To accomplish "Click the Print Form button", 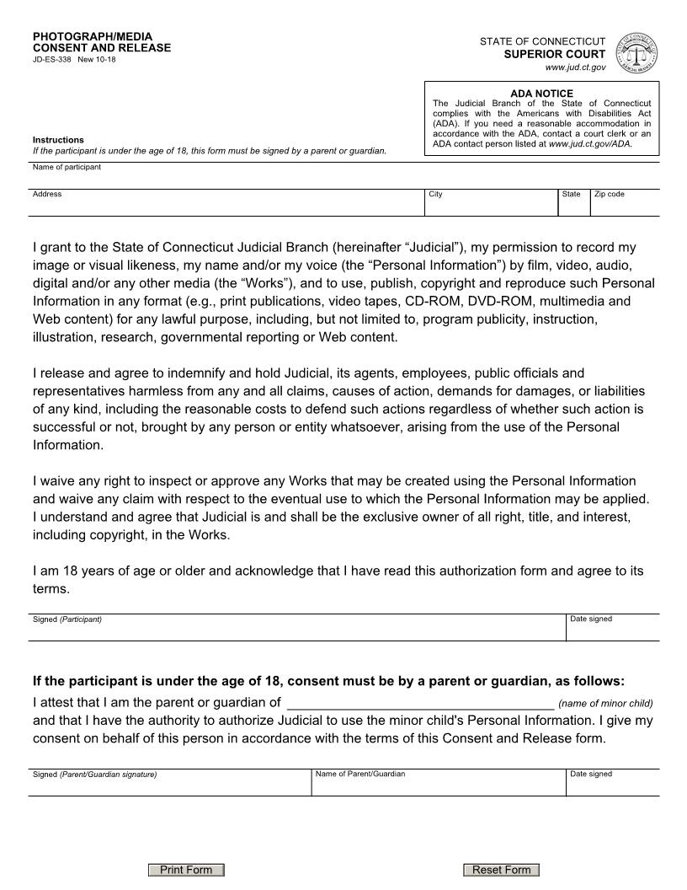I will pos(186,870).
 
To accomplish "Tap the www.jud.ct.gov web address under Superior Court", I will pos(575,67).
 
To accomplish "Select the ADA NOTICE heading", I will pos(541,94).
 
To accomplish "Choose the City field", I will pos(491,206).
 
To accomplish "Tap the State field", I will pos(573,206).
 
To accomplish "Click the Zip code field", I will pos(625,206).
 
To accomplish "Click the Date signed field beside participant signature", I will pos(612,630).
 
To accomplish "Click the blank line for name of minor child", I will pos(420,703).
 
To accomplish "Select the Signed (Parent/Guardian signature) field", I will pos(169,785).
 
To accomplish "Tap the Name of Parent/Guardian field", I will pos(438,785).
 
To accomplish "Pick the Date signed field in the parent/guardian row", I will pos(612,785).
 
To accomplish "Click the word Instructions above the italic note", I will pos(58,140).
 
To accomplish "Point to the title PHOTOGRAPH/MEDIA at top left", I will pos(93,37).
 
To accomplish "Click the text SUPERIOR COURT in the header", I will pos(554,54).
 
